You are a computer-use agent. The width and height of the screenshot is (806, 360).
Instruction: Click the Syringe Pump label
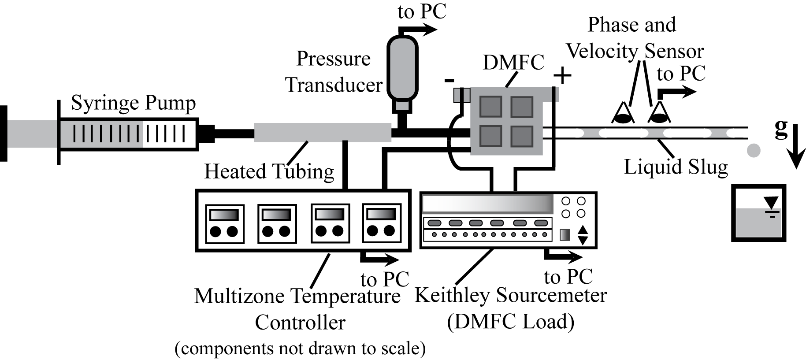pyautogui.click(x=133, y=104)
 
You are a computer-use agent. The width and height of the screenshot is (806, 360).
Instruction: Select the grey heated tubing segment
pyautogui.click(x=322, y=132)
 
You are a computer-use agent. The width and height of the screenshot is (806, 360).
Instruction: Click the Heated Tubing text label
pyautogui.click(x=269, y=171)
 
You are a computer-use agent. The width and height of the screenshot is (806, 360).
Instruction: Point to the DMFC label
pyautogui.click(x=513, y=63)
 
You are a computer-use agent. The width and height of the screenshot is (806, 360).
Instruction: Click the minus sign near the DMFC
pyautogui.click(x=449, y=81)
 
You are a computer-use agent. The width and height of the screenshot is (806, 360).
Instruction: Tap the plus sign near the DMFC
pyautogui.click(x=562, y=76)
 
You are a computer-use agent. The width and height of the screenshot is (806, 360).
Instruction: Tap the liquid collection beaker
pyautogui.click(x=758, y=213)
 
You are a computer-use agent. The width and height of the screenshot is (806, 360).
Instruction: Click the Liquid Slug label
pyautogui.click(x=676, y=167)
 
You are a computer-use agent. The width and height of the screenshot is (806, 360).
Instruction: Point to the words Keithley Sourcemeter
pyautogui.click(x=511, y=295)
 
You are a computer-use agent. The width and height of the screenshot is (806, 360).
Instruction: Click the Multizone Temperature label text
pyautogui.click(x=297, y=296)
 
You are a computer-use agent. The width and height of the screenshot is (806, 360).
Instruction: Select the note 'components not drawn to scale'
pyautogui.click(x=300, y=349)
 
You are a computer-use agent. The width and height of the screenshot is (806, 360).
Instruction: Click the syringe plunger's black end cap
pyautogui.click(x=4, y=134)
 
